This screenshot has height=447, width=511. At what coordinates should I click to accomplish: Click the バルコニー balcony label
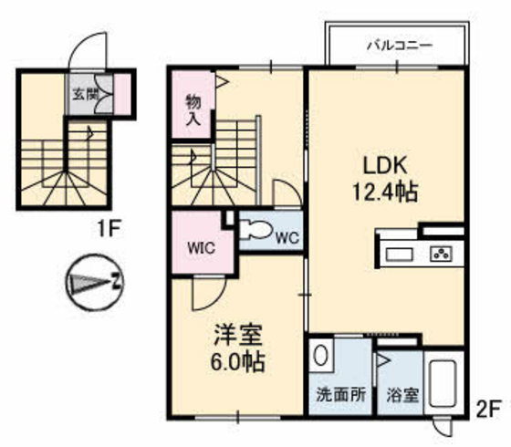click(x=393, y=44)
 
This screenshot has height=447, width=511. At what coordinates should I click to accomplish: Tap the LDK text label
click(x=384, y=167)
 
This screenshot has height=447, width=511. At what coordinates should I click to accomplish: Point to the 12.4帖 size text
click(x=384, y=192)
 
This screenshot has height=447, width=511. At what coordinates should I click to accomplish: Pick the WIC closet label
click(x=202, y=246)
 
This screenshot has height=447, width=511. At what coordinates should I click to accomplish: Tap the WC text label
click(x=287, y=239)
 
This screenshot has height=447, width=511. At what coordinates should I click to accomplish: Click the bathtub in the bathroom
click(x=445, y=388)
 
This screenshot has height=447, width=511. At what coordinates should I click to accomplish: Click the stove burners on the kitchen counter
click(x=442, y=253)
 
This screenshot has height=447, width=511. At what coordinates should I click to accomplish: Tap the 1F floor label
click(x=106, y=230)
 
